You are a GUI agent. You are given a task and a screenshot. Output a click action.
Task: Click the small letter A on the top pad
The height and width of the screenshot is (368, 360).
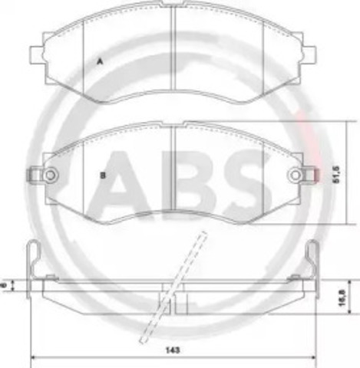tap(99, 60)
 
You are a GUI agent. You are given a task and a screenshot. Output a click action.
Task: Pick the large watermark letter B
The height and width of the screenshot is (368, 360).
tap(196, 176)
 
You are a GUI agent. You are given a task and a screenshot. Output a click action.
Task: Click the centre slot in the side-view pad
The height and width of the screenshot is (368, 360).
tap(173, 301)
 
